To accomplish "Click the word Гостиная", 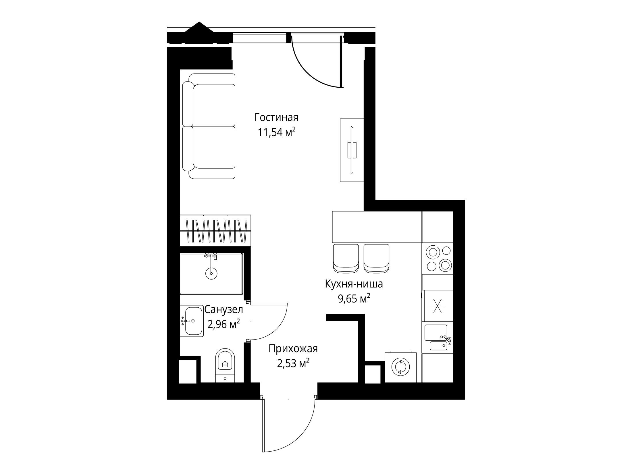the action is [x=276, y=117].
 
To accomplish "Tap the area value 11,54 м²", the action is [x=276, y=132].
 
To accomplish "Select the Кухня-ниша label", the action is [x=354, y=284].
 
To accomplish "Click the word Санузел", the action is [x=223, y=310].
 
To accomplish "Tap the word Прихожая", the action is [x=293, y=349].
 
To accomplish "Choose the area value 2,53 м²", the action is [x=293, y=364].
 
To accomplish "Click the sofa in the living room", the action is [x=209, y=126].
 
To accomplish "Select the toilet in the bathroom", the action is [x=225, y=365].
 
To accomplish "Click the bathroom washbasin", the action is [x=192, y=321].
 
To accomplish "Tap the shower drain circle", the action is [x=211, y=273].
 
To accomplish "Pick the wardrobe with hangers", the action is [x=215, y=230].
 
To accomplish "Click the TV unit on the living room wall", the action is [x=352, y=150].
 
